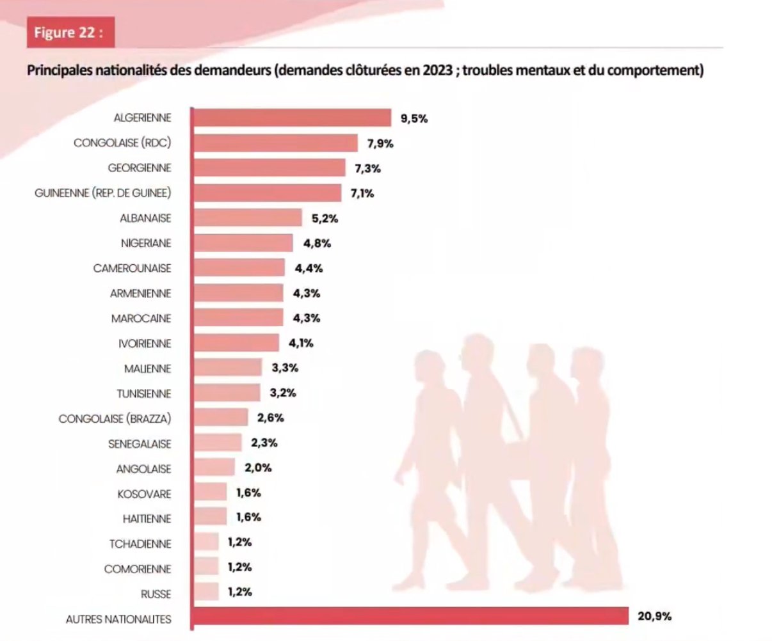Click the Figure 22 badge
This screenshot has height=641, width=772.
[x=70, y=33]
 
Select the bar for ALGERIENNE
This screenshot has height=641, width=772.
[x=291, y=118]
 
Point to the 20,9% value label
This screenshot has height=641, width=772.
[x=654, y=617]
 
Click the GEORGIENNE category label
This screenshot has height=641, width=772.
[x=139, y=168]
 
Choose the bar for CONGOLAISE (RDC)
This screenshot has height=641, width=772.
[x=275, y=143]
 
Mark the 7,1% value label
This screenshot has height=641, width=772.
[x=360, y=193]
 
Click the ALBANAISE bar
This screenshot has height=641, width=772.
[x=246, y=218]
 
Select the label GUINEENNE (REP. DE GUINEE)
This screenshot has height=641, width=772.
[x=103, y=193]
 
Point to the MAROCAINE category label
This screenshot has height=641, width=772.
[x=141, y=319]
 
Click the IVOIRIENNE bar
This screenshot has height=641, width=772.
[x=235, y=344]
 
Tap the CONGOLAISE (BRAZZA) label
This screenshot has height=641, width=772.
[x=115, y=419]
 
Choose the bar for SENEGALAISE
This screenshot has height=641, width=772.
[x=216, y=443]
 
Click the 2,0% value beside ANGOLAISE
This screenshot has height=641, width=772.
[x=258, y=468]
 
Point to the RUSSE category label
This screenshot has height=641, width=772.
[x=156, y=594]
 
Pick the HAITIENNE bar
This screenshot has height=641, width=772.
[x=209, y=518]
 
